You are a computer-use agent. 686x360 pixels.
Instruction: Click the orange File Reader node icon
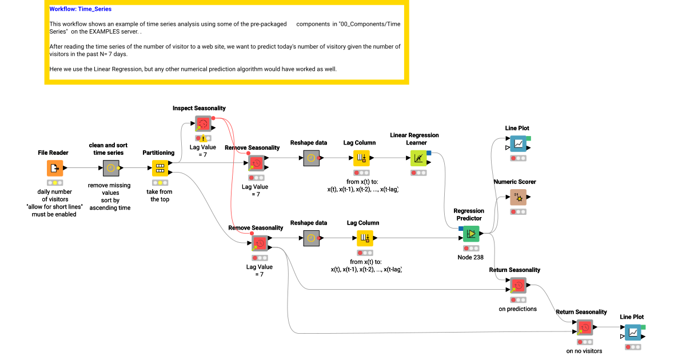tap(55, 168)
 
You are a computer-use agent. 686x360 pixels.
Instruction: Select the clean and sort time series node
tap(110, 168)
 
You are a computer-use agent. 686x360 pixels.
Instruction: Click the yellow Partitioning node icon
tap(159, 168)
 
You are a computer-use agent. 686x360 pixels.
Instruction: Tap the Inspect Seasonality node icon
tap(203, 123)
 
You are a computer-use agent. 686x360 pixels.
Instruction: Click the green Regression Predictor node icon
tap(471, 233)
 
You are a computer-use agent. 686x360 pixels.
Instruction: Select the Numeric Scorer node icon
tap(519, 197)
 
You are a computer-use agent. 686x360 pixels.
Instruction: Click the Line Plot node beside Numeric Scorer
tap(519, 143)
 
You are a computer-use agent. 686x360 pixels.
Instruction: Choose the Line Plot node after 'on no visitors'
tap(633, 332)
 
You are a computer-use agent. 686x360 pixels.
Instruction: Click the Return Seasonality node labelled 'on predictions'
tap(518, 285)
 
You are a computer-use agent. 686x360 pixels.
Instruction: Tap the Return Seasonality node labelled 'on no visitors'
tap(584, 327)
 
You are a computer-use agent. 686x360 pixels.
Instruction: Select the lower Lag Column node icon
tap(365, 238)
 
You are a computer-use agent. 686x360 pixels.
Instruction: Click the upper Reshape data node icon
tap(310, 158)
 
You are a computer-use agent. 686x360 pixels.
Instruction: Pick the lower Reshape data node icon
tap(310, 238)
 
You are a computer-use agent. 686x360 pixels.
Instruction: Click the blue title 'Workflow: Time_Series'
tap(80, 9)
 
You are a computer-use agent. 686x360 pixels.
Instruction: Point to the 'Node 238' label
tap(470, 257)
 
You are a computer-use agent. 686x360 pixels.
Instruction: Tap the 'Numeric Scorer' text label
tap(514, 182)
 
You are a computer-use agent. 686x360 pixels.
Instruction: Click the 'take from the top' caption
tap(159, 195)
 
